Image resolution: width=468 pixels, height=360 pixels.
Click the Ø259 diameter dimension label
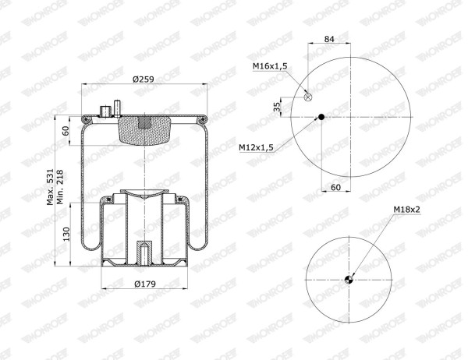coord(144,79)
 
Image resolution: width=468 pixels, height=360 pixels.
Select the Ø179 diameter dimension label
coord(145,284)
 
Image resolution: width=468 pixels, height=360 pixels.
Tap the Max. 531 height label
coord(50,187)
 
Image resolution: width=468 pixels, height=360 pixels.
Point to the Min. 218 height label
coord(60,187)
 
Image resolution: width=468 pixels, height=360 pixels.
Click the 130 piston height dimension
coord(66,234)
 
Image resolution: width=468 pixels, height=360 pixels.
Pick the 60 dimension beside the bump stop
coord(66,131)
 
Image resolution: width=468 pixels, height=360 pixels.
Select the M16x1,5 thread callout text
coord(270,66)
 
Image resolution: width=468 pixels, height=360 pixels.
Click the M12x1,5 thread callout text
coord(256,147)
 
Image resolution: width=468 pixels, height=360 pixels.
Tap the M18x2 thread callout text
coord(406,210)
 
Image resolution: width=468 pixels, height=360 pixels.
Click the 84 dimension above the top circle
coord(329,39)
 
